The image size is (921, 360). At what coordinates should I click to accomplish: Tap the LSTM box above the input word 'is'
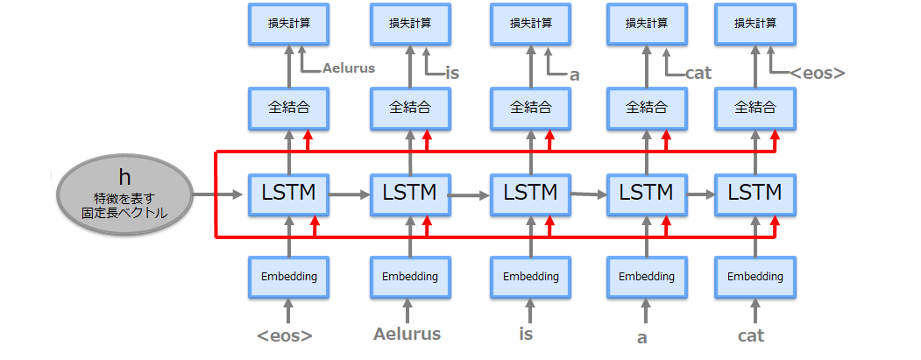(x=530, y=192)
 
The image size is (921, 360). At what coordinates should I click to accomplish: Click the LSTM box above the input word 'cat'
(x=755, y=192)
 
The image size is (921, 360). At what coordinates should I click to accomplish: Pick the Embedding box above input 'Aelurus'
(x=409, y=277)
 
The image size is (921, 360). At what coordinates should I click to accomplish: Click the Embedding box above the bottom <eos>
(x=288, y=277)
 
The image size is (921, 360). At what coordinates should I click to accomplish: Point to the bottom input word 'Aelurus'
(x=407, y=334)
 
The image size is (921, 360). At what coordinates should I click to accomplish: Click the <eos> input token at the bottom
(x=284, y=335)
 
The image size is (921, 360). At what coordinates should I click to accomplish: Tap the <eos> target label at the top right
(x=817, y=74)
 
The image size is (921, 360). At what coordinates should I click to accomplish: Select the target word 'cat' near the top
(x=698, y=73)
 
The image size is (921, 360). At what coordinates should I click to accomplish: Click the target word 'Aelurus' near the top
(x=349, y=67)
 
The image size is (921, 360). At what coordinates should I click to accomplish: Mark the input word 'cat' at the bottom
(x=751, y=335)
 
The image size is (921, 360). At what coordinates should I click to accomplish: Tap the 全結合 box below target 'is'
(x=409, y=108)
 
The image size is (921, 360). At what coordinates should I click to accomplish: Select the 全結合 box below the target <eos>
(x=755, y=108)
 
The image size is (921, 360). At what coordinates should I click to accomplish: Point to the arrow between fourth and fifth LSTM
(x=700, y=193)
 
